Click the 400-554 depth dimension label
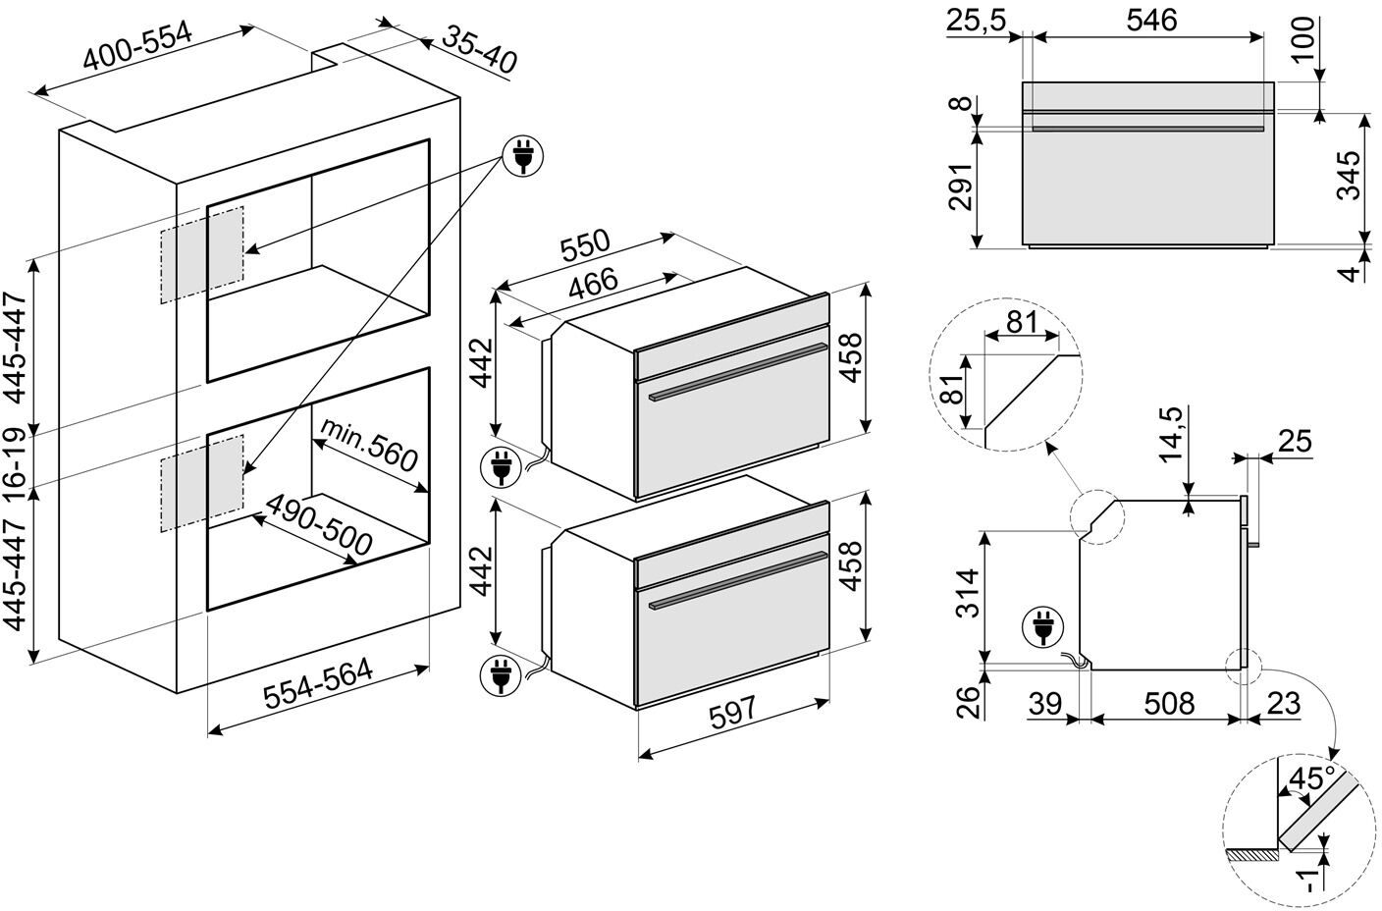(x=137, y=46)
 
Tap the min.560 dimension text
(x=369, y=444)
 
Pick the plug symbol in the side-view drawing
(x=1040, y=627)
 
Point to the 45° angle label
(x=1312, y=780)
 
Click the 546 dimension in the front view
(x=1150, y=21)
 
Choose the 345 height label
(x=1353, y=175)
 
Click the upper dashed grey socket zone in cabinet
(x=201, y=252)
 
